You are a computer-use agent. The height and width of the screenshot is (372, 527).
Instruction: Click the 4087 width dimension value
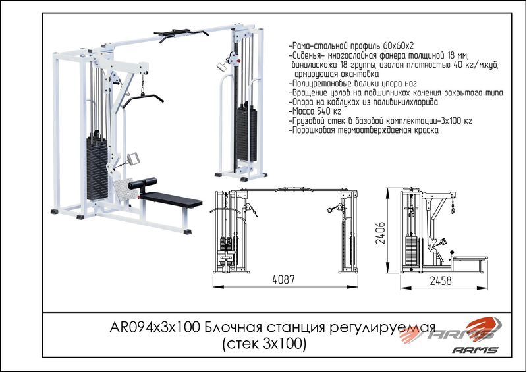283,280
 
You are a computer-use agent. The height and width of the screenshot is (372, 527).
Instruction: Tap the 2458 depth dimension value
441,281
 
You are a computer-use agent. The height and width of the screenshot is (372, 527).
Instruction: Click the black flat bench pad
171,199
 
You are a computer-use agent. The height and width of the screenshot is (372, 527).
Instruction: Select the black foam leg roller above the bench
142,184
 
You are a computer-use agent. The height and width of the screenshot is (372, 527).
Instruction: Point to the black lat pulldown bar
142,99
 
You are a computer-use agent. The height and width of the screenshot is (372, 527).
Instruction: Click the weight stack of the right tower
246,134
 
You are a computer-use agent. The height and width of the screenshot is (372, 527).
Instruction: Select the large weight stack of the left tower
97,168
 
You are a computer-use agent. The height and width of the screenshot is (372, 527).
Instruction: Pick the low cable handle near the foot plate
134,158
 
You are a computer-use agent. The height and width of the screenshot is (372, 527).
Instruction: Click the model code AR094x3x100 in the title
155,327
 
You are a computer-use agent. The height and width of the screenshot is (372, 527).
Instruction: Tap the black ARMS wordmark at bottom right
475,350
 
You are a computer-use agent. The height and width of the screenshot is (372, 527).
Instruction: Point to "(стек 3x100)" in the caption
264,344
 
